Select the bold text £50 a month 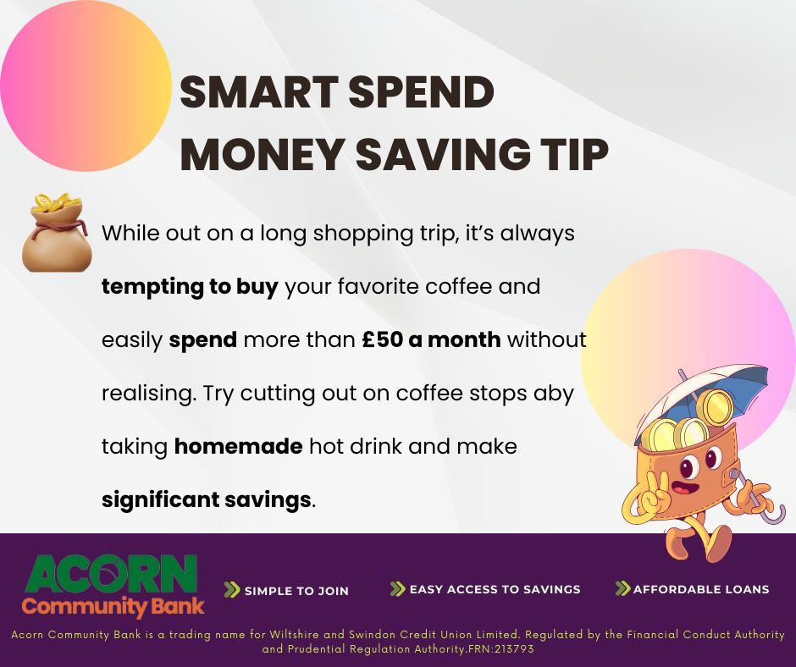pos(431,340)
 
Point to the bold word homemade pos(238,446)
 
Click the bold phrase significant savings pos(206,499)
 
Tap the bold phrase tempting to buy pos(190,287)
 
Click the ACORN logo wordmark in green pos(111,575)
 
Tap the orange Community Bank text pos(113,606)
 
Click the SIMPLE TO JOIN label pos(296,591)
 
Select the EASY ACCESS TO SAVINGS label pos(495,589)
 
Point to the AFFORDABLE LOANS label pos(700,589)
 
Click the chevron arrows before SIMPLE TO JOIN pos(231,590)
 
